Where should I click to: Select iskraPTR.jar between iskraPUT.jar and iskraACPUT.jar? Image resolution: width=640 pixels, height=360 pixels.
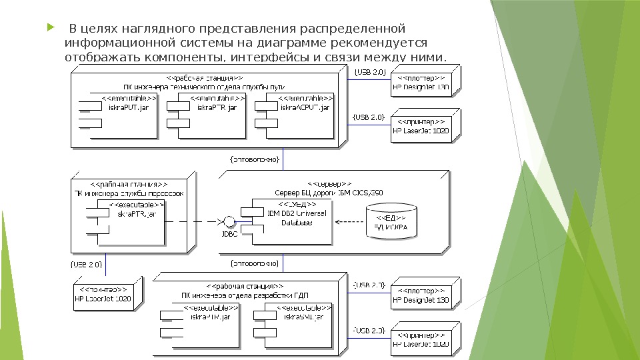(x=210, y=115)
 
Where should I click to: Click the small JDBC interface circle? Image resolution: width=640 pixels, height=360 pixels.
(x=229, y=221)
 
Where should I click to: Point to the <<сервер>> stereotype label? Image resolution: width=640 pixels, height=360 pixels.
(x=329, y=183)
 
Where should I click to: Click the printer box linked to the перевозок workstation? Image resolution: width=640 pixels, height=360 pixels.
(x=105, y=295)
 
